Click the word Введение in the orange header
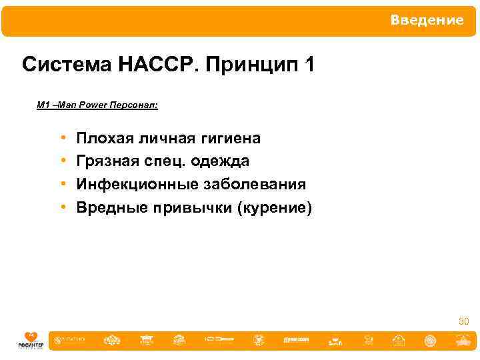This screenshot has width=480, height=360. coord(427,21)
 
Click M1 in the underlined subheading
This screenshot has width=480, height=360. coord(43,105)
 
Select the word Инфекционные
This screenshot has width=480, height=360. coord(135,185)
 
